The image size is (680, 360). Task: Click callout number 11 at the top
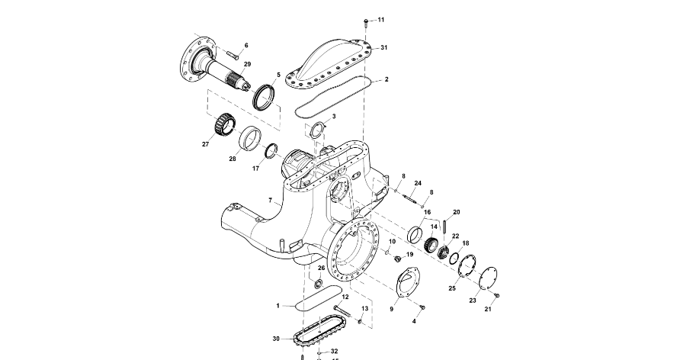tap(381, 20)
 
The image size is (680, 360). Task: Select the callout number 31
tap(384, 47)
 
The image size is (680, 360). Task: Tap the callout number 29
tap(247, 64)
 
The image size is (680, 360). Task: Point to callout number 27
tap(205, 143)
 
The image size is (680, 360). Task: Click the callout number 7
tap(270, 201)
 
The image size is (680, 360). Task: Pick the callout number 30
tap(276, 339)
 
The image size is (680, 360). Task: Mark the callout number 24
tap(418, 184)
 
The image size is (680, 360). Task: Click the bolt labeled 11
tap(366, 21)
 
